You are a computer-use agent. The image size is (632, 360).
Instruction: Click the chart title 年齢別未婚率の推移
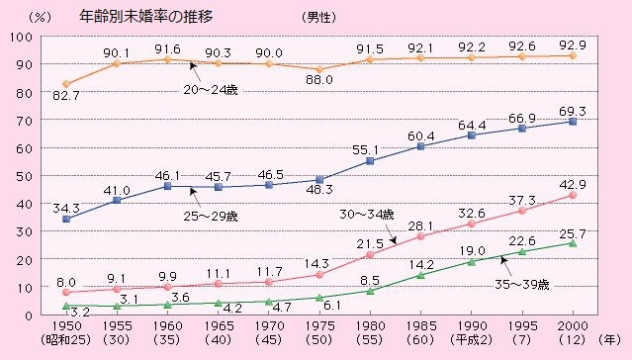(x=146, y=18)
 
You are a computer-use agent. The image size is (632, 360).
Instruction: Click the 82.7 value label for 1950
(x=65, y=97)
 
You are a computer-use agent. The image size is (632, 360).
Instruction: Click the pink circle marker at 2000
(x=574, y=195)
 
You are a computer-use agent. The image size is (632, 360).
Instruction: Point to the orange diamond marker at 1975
(x=319, y=69)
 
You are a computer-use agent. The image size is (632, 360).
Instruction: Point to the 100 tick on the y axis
(x=20, y=37)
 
